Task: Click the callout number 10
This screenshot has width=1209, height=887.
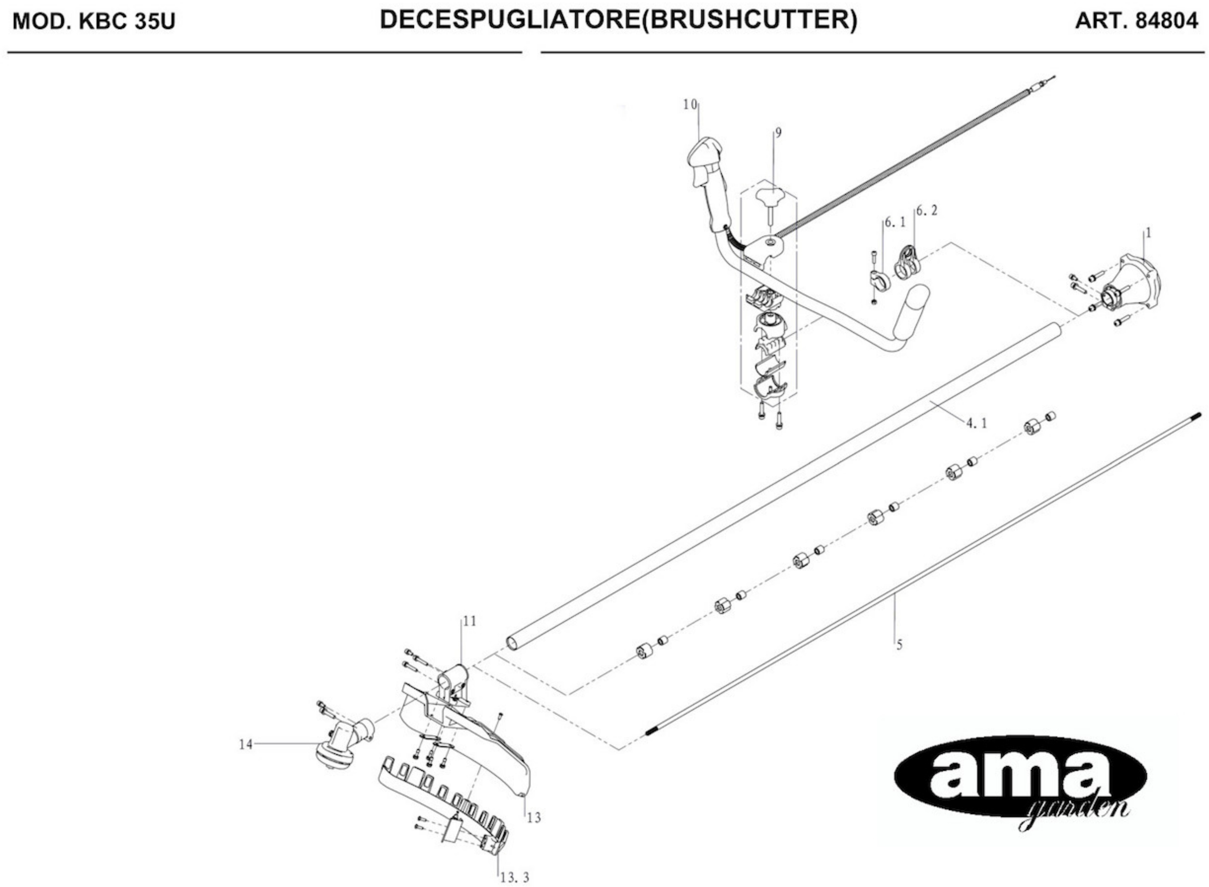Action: click(690, 105)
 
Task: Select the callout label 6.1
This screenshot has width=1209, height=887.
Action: click(895, 221)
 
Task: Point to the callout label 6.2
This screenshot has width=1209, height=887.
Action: click(927, 211)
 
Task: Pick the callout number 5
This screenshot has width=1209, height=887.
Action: click(899, 645)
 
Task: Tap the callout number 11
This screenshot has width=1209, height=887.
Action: click(470, 621)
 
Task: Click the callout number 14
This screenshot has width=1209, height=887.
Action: click(245, 745)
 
